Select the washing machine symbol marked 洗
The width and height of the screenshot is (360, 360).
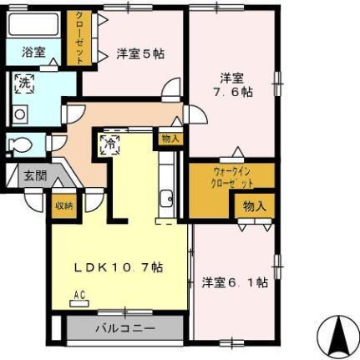tap(23, 83)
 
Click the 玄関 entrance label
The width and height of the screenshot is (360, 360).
tap(34, 176)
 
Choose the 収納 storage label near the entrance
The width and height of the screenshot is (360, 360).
tap(63, 203)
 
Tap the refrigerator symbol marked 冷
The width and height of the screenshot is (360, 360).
tap(110, 143)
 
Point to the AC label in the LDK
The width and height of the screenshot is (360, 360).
tap(81, 295)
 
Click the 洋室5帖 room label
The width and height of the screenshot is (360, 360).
tap(139, 53)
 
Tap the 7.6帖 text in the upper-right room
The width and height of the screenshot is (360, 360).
tap(231, 92)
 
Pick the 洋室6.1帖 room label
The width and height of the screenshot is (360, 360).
tap(234, 282)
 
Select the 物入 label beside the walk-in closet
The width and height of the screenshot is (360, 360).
tap(254, 205)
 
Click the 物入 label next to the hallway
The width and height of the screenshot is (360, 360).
tap(170, 139)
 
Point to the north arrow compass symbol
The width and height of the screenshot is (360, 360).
tap(339, 335)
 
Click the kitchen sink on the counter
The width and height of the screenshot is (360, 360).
tap(166, 199)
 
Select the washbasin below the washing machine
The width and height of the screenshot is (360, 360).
tap(18, 114)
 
